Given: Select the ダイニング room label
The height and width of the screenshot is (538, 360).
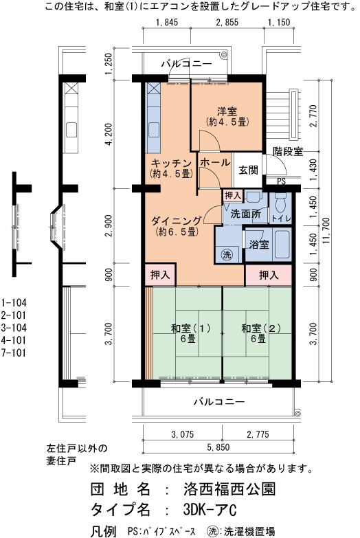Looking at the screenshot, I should click(177, 221).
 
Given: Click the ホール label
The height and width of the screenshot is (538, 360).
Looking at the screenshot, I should click(215, 163).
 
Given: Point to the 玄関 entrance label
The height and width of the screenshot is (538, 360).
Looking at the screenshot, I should click(248, 170).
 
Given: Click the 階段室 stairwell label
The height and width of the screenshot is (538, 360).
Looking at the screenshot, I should click(287, 152).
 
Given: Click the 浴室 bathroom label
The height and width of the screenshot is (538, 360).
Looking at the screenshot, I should click(258, 244).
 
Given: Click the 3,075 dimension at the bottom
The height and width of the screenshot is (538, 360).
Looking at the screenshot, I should click(181, 434).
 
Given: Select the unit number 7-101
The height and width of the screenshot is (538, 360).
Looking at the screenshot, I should click(15, 354).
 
